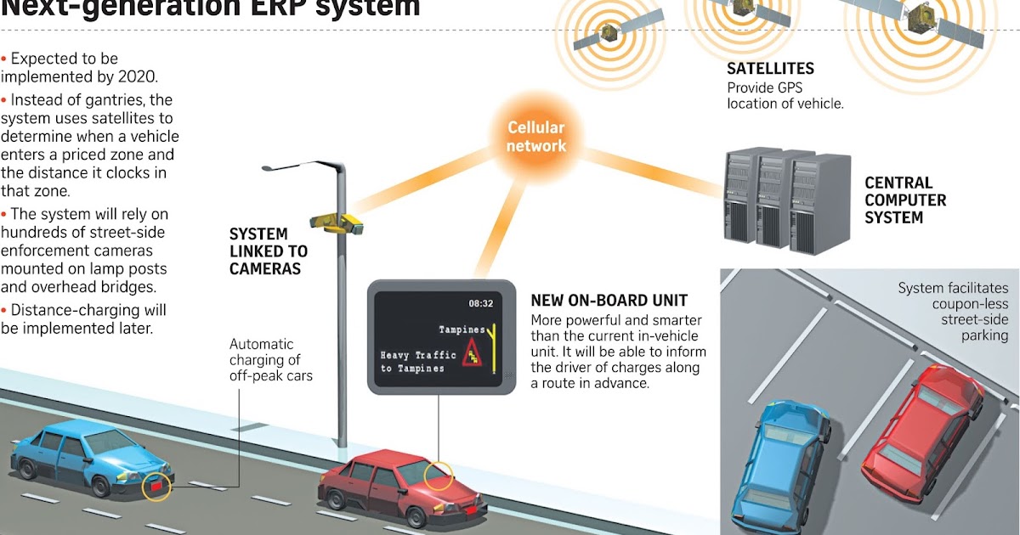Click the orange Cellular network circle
(536, 137)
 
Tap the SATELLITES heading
(770, 69)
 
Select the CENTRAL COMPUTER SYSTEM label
(905, 200)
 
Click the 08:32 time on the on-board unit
(480, 302)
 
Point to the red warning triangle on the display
(473, 356)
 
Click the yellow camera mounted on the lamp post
(337, 222)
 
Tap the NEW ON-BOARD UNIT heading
(609, 301)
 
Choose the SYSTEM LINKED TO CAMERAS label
(268, 251)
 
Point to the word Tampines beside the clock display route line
(462, 329)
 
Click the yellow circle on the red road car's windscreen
(438, 476)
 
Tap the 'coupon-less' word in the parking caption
(966, 304)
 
